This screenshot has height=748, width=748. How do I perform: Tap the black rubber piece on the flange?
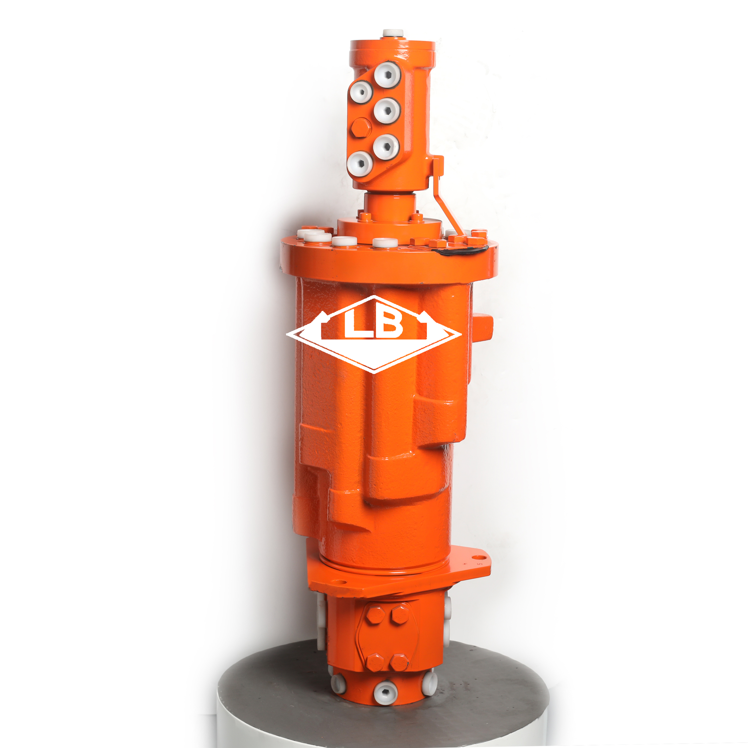(459, 250)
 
